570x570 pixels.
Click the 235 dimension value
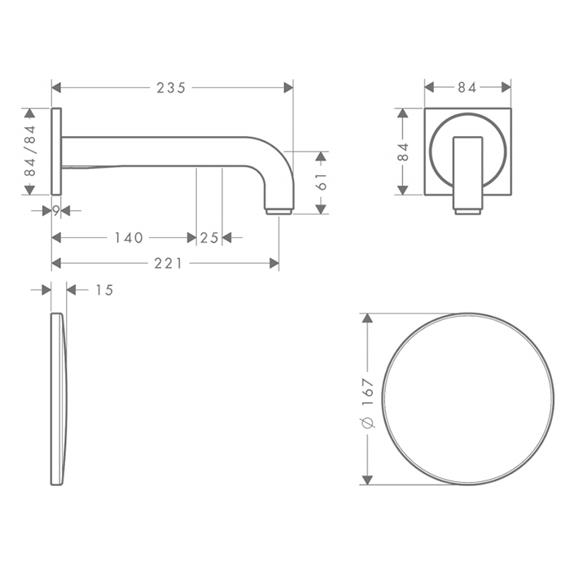171,88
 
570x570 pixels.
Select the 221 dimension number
168,264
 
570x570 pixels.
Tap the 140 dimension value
129,238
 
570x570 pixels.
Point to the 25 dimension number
209,238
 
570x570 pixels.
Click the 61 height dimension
322,182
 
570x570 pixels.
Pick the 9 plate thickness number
56,210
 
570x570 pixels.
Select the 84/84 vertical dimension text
30,151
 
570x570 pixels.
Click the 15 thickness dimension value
104,290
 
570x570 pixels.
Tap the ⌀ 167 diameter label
368,403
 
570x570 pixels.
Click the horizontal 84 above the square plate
467,88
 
